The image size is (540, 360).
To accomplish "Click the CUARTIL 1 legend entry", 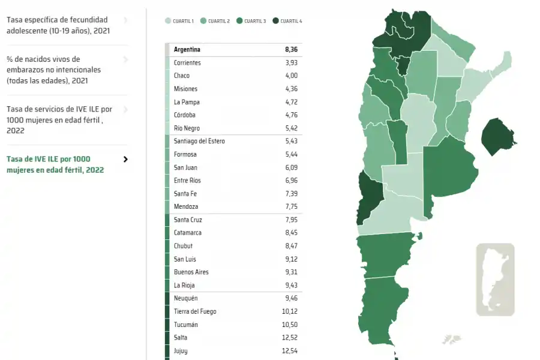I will pyautogui.click(x=180, y=21).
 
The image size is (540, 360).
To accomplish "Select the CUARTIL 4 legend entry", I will pyautogui.click(x=287, y=21).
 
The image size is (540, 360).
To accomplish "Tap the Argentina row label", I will pyautogui.click(x=187, y=50).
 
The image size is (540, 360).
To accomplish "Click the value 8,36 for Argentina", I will pyautogui.click(x=291, y=50).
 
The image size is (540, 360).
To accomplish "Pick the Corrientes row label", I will pyautogui.click(x=187, y=63).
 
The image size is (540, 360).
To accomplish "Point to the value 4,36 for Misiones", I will pyautogui.click(x=292, y=89).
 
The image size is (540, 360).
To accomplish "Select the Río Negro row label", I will pyautogui.click(x=187, y=128).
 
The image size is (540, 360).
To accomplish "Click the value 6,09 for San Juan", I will pyautogui.click(x=292, y=168).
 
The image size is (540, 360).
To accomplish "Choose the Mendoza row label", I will pyautogui.click(x=185, y=207).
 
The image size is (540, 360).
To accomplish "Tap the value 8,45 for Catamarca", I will pyautogui.click(x=292, y=233).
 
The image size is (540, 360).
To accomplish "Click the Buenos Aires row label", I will pyautogui.click(x=191, y=272).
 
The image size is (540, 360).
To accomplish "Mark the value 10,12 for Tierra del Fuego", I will pyautogui.click(x=290, y=311).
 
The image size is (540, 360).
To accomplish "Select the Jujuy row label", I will pyautogui.click(x=181, y=351).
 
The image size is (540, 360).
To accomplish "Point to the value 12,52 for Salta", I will pyautogui.click(x=290, y=338).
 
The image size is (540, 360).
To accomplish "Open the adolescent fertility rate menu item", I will pyautogui.click(x=58, y=25).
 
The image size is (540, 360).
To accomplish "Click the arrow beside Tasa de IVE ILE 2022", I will pyautogui.click(x=125, y=160).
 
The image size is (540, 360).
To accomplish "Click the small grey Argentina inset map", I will pyautogui.click(x=495, y=279).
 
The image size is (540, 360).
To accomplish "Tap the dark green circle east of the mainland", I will pyautogui.click(x=497, y=136).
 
